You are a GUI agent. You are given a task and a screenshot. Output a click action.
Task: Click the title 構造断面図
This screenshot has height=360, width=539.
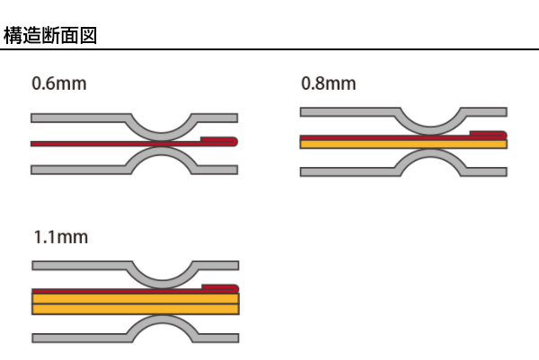(x=50, y=37)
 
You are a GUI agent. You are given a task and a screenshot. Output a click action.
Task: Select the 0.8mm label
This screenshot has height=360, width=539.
(x=328, y=85)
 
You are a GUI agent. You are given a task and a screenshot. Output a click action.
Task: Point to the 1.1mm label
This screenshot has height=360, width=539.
(x=60, y=239)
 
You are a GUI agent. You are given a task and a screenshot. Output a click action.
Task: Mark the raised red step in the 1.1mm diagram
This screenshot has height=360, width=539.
(x=219, y=287)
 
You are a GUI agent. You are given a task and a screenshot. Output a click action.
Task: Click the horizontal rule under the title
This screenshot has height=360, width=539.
(x=269, y=50)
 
